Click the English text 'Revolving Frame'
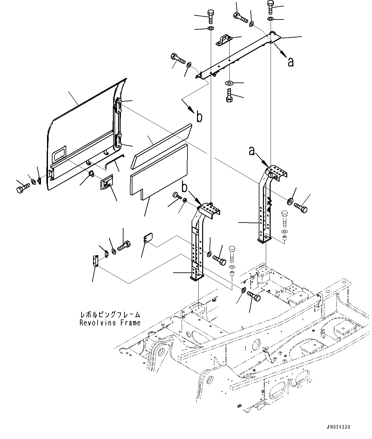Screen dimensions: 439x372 110,323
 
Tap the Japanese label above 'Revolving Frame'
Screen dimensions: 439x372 110,315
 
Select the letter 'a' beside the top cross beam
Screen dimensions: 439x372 290,62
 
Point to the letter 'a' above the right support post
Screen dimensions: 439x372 252,151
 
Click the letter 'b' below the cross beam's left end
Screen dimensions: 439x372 199,117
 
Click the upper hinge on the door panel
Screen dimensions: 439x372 118,106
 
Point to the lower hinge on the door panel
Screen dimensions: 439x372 118,141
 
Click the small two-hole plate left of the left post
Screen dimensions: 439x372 148,239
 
